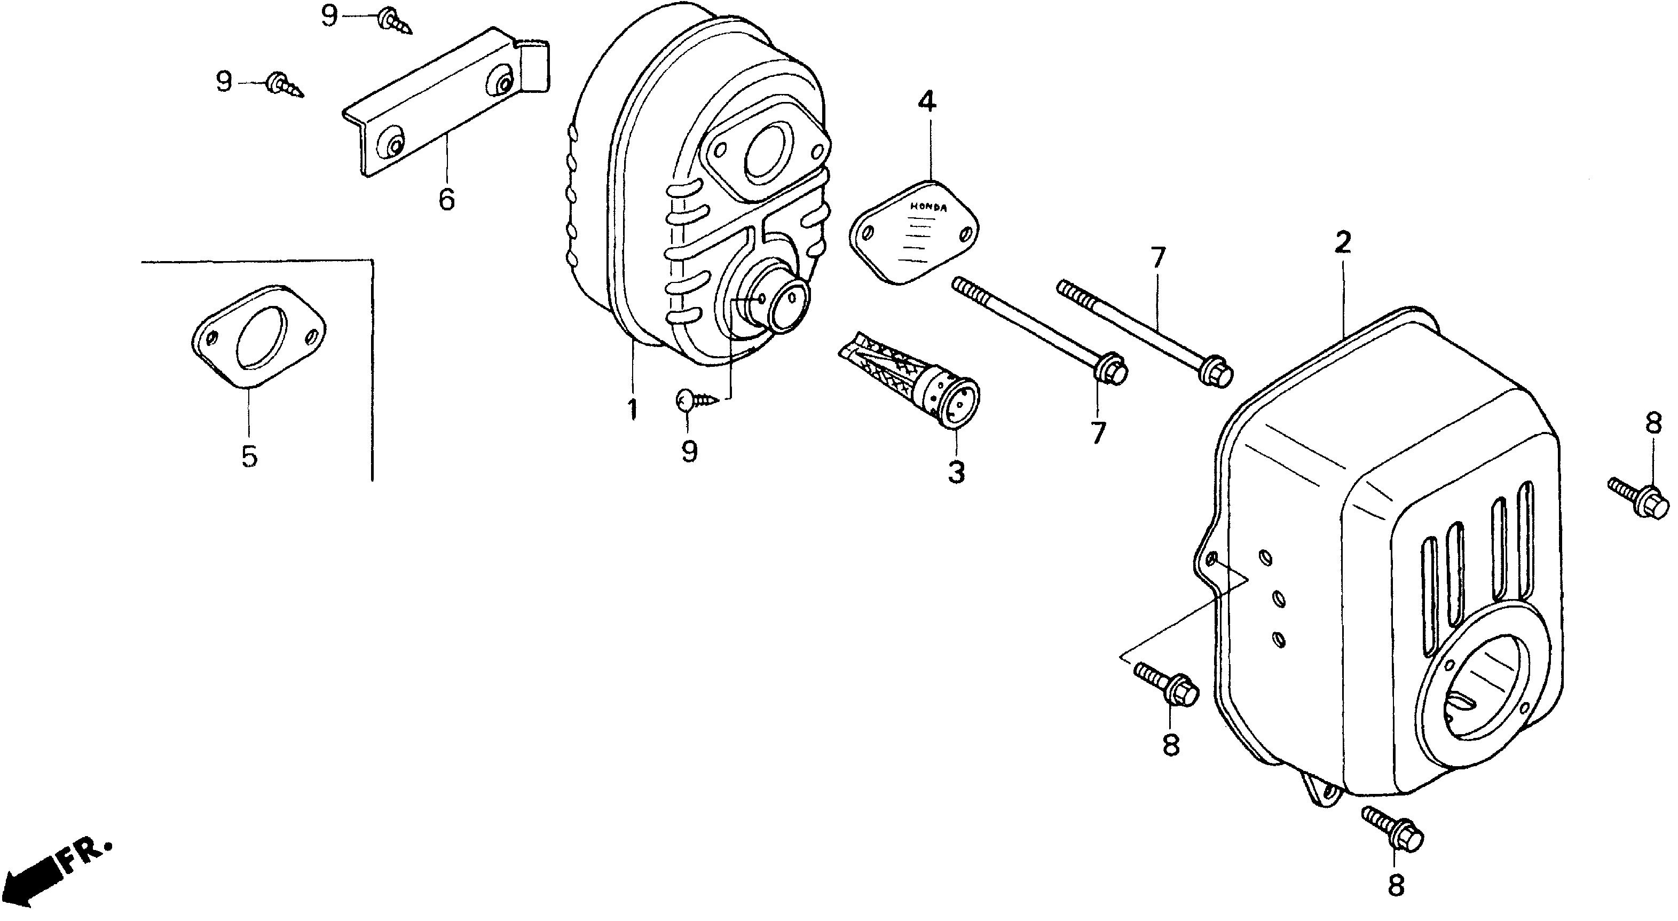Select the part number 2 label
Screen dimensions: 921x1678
click(1343, 243)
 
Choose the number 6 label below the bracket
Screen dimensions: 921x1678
click(446, 199)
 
